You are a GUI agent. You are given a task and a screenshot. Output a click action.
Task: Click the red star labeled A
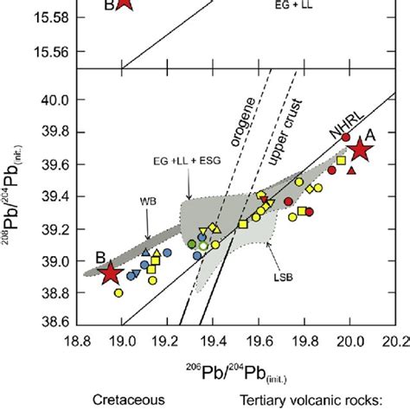coord(361,150)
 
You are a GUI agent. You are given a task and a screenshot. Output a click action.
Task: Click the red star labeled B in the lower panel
coord(109,273)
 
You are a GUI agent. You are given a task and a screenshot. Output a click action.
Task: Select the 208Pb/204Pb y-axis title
coord(16,201)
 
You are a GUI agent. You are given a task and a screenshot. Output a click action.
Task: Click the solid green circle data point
coord(192,245)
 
